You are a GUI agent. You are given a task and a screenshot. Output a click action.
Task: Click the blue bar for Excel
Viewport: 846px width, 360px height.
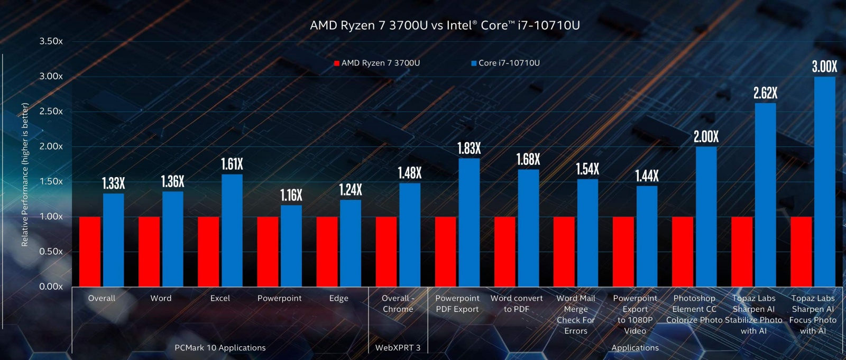click(232, 230)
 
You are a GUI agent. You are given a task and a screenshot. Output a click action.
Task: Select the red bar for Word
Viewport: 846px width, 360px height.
click(149, 252)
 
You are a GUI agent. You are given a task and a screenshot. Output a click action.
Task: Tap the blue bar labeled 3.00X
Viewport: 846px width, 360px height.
click(824, 181)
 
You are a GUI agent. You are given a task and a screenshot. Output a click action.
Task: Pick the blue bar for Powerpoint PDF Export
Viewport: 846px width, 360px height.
click(469, 223)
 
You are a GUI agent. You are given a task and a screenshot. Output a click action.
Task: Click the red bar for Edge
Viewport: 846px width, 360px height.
click(327, 252)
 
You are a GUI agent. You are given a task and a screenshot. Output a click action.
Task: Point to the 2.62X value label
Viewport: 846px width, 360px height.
click(765, 94)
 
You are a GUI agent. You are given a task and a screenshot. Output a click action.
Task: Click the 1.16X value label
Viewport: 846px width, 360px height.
click(291, 196)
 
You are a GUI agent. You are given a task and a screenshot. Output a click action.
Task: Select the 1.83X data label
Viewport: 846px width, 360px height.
click(469, 149)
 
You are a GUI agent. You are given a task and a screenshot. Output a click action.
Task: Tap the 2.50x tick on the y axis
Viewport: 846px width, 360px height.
click(51, 111)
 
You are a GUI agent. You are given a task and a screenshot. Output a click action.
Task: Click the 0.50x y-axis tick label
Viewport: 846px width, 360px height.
click(51, 252)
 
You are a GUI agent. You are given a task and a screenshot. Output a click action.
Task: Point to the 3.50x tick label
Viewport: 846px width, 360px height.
click(51, 41)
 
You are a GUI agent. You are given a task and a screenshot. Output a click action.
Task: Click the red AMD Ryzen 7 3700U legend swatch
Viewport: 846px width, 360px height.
click(336, 63)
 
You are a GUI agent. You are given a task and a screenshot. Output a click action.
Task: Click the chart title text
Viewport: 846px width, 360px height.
click(445, 25)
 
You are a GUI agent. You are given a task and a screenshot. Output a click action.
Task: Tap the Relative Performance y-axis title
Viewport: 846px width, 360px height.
click(24, 174)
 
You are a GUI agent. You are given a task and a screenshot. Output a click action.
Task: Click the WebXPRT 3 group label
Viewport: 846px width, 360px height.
click(398, 348)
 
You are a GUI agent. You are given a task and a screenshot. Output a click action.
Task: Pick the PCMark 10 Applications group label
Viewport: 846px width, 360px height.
click(220, 348)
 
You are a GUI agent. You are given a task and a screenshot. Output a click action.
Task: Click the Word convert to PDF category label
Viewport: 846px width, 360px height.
click(516, 303)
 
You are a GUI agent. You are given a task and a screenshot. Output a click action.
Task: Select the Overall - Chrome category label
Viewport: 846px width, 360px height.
click(398, 303)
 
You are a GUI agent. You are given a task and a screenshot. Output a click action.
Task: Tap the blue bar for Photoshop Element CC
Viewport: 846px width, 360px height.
click(706, 217)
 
